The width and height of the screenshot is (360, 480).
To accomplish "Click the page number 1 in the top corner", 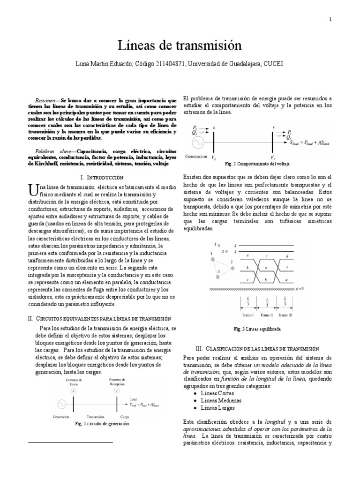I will click(330, 19).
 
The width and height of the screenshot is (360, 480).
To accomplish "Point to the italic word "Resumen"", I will click(45, 101).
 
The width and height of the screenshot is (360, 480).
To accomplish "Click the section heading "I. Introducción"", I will click(102, 178).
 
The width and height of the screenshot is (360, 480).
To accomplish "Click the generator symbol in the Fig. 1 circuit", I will click(61, 403).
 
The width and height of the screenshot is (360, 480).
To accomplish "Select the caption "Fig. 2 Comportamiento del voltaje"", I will click(257, 164).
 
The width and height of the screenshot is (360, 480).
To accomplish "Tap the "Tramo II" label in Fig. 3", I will click(266, 315).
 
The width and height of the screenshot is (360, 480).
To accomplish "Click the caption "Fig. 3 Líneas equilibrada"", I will click(257, 329).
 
